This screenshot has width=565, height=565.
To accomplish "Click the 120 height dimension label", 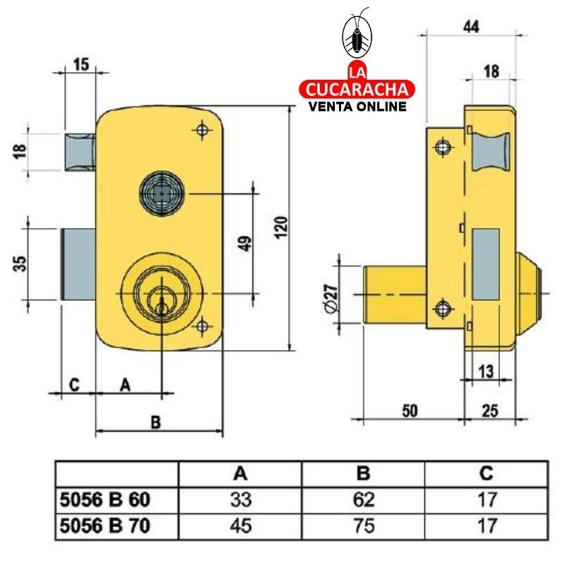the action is pyautogui.click(x=280, y=227).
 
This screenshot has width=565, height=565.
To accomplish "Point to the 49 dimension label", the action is pyautogui.click(x=245, y=244).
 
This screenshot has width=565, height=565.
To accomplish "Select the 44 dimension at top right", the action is pyautogui.click(x=471, y=27).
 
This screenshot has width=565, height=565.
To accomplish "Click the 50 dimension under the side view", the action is pyautogui.click(x=410, y=411).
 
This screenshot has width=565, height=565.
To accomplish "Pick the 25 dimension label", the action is pyautogui.click(x=489, y=411).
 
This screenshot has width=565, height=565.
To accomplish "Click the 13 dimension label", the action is pyautogui.click(x=486, y=371).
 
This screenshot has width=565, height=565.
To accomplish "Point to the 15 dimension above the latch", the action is pyautogui.click(x=81, y=65).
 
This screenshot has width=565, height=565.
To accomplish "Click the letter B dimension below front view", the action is pyautogui.click(x=155, y=422).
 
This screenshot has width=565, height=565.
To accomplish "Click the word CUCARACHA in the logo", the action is pyautogui.click(x=357, y=89).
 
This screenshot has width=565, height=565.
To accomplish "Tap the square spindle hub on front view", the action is pyautogui.click(x=162, y=194).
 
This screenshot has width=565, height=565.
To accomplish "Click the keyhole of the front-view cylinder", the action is pyautogui.click(x=162, y=305).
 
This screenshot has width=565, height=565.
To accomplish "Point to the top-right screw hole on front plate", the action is pyautogui.click(x=202, y=129).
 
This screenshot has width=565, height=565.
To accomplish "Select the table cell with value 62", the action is pyautogui.click(x=363, y=500).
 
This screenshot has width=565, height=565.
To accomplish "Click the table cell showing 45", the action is pyautogui.click(x=240, y=525).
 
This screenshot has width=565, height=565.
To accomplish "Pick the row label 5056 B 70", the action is pyautogui.click(x=105, y=525).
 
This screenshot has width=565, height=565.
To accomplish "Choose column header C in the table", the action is pyautogui.click(x=486, y=473).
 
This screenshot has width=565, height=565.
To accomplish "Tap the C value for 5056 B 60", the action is pyautogui.click(x=487, y=500).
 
